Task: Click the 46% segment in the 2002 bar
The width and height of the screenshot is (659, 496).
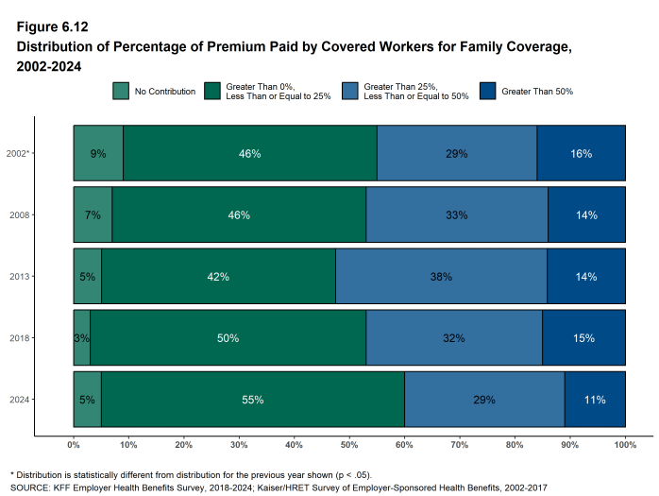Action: (x=249, y=153)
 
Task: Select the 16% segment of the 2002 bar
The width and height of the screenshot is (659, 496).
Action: (x=581, y=153)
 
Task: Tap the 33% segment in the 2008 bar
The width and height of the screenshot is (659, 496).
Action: (x=457, y=215)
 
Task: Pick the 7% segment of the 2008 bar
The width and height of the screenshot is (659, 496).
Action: (x=93, y=215)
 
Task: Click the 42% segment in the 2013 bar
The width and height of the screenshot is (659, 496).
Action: (x=218, y=277)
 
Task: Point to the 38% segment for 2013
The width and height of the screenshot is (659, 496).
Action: (x=441, y=277)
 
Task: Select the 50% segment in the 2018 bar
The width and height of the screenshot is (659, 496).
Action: (x=228, y=338)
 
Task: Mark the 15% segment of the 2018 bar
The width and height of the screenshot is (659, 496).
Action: (x=583, y=338)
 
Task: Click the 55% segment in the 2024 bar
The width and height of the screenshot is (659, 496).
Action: (x=252, y=400)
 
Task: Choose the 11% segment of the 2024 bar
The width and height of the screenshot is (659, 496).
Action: (x=595, y=400)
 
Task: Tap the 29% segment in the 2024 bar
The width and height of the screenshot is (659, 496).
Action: (x=484, y=400)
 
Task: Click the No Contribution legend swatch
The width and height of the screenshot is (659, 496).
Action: (x=121, y=92)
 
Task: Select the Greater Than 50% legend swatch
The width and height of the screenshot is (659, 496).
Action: (x=488, y=92)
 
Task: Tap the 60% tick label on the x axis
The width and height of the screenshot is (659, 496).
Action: (x=404, y=444)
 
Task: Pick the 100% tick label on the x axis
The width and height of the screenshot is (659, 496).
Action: (x=624, y=444)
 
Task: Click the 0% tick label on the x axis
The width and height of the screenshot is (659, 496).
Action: (x=74, y=444)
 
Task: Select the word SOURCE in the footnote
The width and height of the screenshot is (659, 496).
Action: (x=30, y=487)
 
